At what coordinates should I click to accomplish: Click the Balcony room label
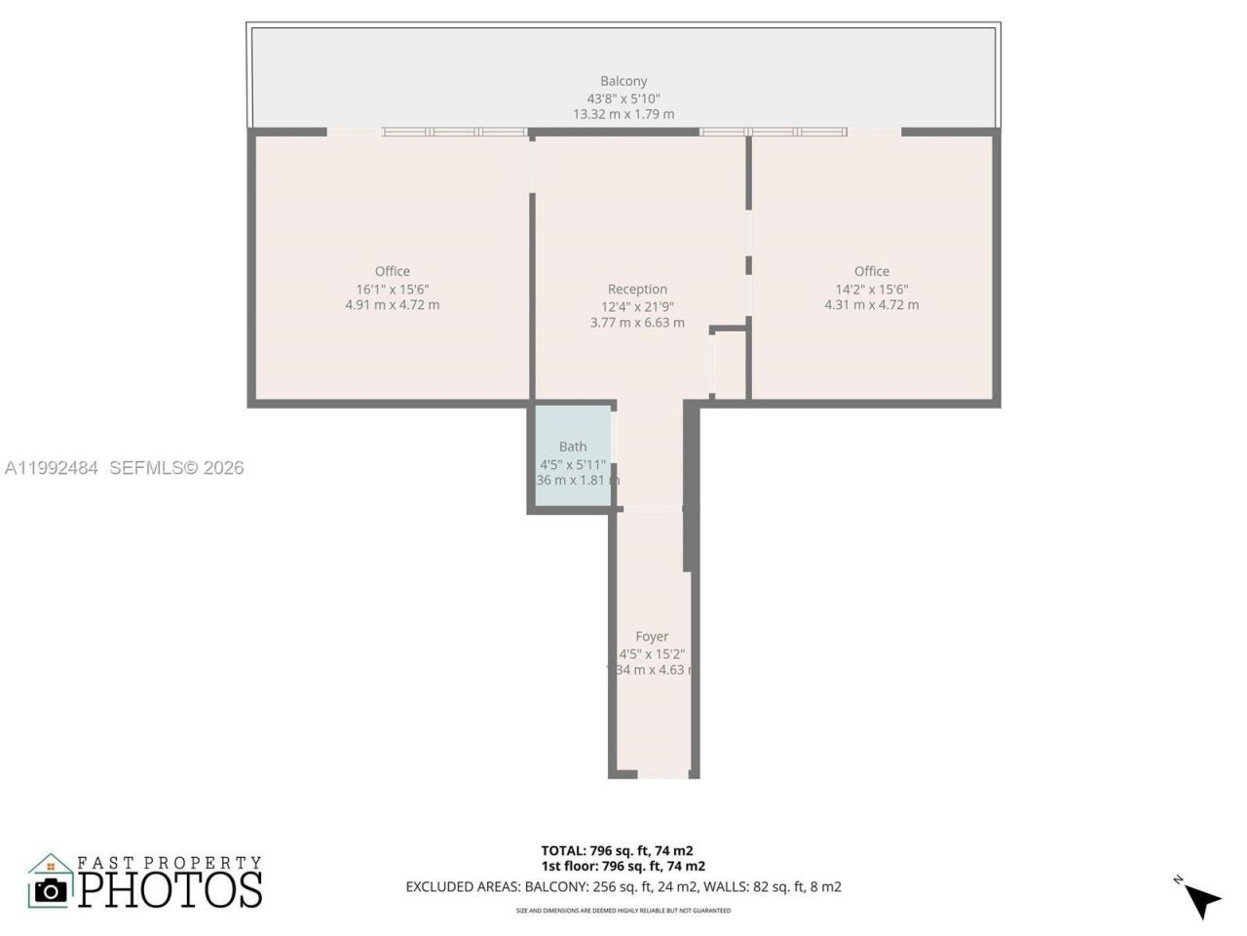point(623,81)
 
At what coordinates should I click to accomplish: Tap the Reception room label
point(637,289)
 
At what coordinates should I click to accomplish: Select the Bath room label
point(573,447)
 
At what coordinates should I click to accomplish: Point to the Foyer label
point(652,637)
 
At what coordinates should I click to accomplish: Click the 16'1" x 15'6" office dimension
point(393,289)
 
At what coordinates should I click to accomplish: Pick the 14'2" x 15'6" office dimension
point(872,289)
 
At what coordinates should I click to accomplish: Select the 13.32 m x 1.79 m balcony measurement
point(623,114)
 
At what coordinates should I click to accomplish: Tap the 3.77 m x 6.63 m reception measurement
point(637,323)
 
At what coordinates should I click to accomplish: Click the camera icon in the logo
point(51,889)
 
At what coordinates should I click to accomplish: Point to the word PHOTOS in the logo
point(170,889)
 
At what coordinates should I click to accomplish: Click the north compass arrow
point(1204,901)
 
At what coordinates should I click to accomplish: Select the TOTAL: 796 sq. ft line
point(618,850)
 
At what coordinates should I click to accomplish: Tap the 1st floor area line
point(623,866)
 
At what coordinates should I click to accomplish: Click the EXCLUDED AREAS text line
point(623,887)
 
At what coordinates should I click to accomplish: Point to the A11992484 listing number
point(51,468)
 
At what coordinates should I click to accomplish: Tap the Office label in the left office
point(393,271)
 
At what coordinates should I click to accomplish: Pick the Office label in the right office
point(872,271)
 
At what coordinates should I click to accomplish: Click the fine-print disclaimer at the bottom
point(623,911)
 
